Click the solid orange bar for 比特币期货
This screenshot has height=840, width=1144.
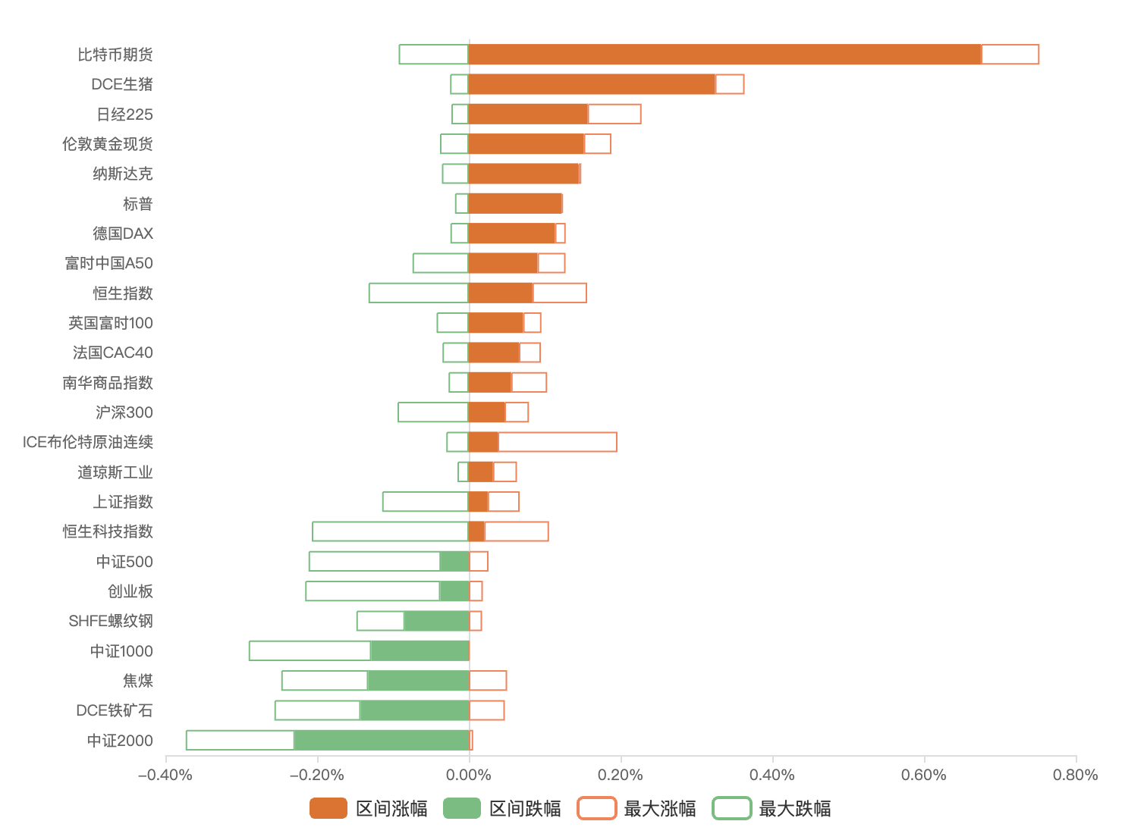pyautogui.click(x=724, y=55)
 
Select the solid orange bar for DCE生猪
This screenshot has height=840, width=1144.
pyautogui.click(x=592, y=84)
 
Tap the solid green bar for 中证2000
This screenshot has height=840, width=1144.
pyautogui.click(x=382, y=740)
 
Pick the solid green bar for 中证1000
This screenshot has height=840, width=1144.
pyautogui.click(x=420, y=650)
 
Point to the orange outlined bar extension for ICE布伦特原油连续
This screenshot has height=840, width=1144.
pyautogui.click(x=558, y=442)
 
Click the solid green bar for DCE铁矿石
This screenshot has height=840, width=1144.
pyautogui.click(x=414, y=710)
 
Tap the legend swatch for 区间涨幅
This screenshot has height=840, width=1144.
pyautogui.click(x=328, y=809)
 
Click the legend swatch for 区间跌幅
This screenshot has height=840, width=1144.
pyautogui.click(x=462, y=809)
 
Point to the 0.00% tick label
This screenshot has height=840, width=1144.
pyautogui.click(x=469, y=775)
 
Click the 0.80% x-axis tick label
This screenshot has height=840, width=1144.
pyautogui.click(x=1075, y=775)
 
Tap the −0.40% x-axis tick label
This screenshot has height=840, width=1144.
pyautogui.click(x=165, y=775)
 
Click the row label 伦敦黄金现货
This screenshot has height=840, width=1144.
pyautogui.click(x=108, y=144)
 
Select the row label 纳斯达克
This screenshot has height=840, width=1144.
pyautogui.click(x=123, y=174)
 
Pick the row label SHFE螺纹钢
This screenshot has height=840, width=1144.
pyautogui.click(x=111, y=621)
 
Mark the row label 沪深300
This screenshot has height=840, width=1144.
pyautogui.click(x=124, y=412)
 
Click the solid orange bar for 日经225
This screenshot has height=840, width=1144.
pyautogui.click(x=528, y=114)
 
